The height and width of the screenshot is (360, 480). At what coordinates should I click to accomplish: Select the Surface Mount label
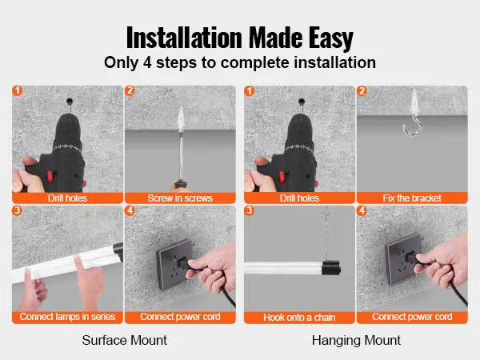point(125,340)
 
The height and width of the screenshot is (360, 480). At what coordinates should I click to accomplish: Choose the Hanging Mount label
point(356,340)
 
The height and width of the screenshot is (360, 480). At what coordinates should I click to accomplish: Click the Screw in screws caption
point(180,198)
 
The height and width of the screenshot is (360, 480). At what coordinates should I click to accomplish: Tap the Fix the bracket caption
point(410,198)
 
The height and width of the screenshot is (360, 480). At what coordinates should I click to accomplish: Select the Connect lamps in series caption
point(68,317)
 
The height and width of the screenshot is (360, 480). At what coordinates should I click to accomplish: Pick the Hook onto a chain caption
point(296,317)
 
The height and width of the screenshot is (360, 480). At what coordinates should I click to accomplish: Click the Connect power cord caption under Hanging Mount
point(411,317)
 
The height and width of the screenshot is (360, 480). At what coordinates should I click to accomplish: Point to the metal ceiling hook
point(417,129)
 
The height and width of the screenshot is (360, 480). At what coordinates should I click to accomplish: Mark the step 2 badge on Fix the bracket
point(362,91)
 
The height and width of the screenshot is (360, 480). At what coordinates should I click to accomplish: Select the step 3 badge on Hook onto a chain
point(248,211)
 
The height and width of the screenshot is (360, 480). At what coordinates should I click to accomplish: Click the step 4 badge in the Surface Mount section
point(131,211)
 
